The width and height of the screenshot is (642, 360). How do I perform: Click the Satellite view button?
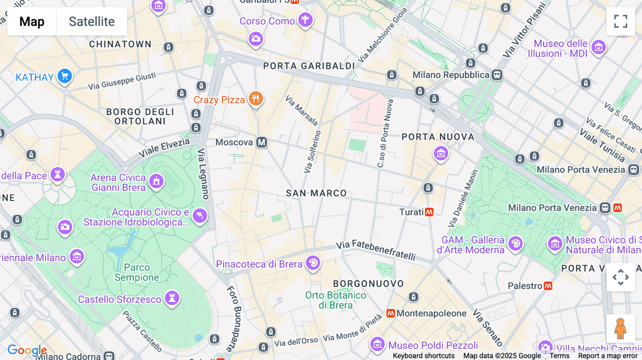pyautogui.click(x=92, y=21)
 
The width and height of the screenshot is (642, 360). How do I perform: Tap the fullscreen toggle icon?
pyautogui.click(x=621, y=21)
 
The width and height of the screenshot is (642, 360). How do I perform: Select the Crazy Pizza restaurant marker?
pyautogui.click(x=256, y=99)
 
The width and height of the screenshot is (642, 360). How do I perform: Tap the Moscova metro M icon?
pyautogui.click(x=262, y=142)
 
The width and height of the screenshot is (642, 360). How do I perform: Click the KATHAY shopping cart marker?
pyautogui.click(x=65, y=76)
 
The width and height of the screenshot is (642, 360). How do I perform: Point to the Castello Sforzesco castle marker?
pyautogui.click(x=172, y=298)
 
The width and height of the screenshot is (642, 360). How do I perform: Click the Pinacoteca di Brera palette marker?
pyautogui.click(x=313, y=263)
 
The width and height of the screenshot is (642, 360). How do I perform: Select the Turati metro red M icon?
pyautogui.click(x=429, y=212)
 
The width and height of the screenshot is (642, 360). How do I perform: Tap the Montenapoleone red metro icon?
pyautogui.click(x=391, y=313)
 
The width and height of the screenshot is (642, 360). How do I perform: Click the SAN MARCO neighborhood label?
pyautogui.click(x=316, y=193)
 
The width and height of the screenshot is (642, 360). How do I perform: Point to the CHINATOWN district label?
pyautogui.click(x=120, y=44)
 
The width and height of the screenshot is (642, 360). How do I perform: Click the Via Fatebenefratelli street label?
pyautogui.click(x=376, y=250)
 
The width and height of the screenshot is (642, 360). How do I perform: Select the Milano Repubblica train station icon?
pyautogui.click(x=497, y=75)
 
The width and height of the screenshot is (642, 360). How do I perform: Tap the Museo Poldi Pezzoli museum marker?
pyautogui.click(x=377, y=344)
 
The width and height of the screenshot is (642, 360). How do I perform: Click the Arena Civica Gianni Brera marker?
pyautogui.click(x=156, y=181)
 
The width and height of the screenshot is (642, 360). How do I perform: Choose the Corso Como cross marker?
pyautogui.click(x=305, y=20)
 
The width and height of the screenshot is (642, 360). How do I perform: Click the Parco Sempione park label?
pyautogui.click(x=137, y=272)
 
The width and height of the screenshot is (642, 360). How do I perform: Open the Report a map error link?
pyautogui.click(x=607, y=356)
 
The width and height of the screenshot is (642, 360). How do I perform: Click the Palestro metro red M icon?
pyautogui.click(x=548, y=286)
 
